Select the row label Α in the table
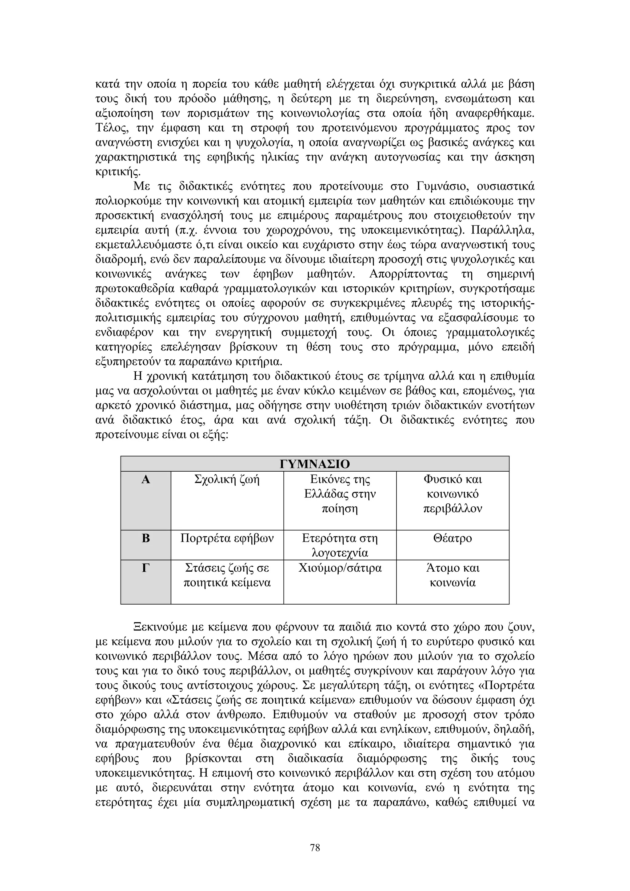[146, 480]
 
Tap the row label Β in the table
[146, 539]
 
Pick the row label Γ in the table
[146, 569]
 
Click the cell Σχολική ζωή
[227, 480]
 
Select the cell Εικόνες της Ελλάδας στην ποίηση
[340, 494]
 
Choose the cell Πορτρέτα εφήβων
[227, 539]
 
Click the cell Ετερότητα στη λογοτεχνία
[340, 545]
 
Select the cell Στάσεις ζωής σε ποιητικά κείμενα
[227, 576]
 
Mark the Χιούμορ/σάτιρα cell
[340, 569]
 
